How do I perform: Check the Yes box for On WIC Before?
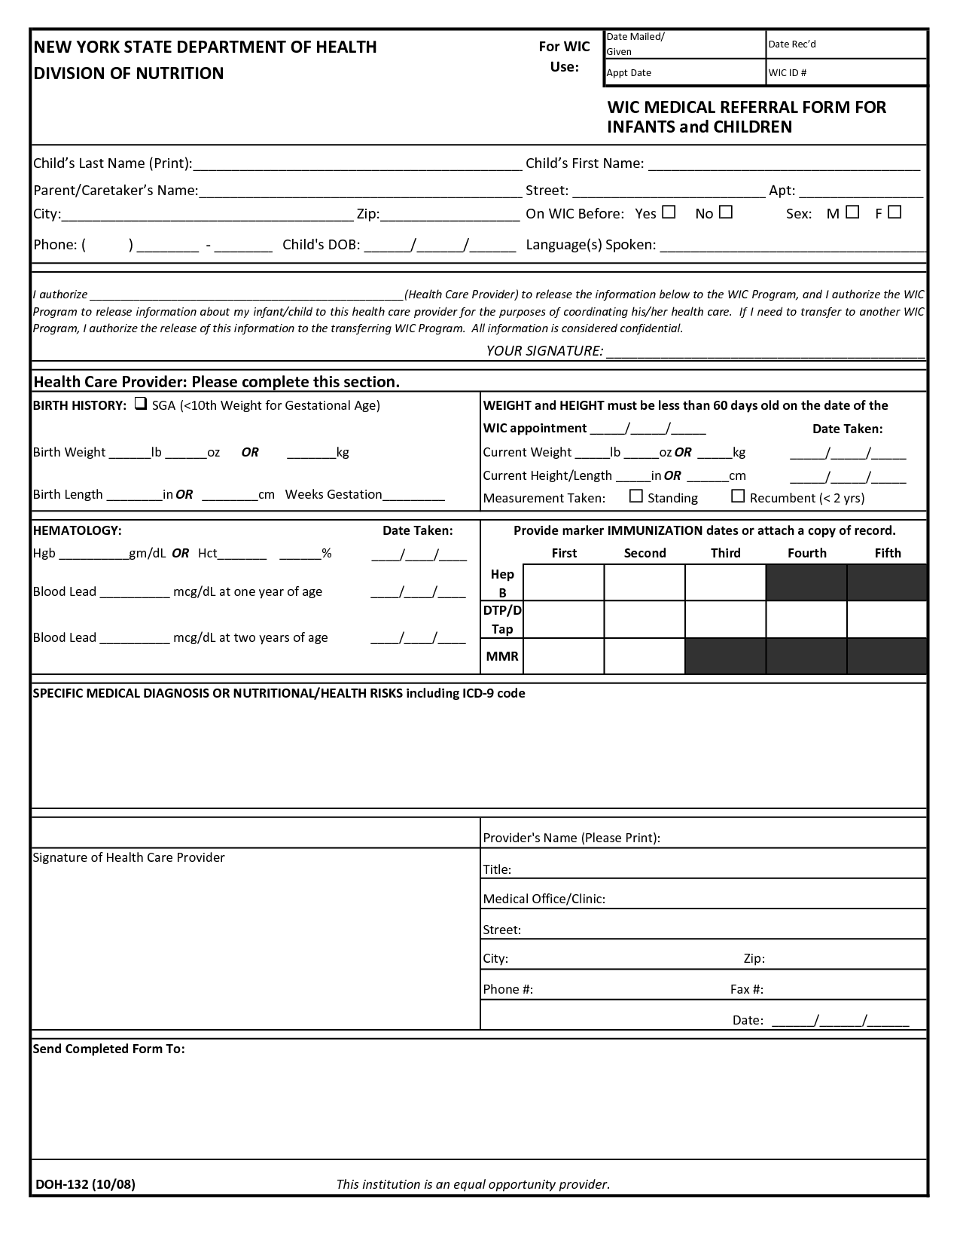click(x=669, y=212)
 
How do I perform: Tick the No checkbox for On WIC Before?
click(x=725, y=212)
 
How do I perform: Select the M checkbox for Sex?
click(x=852, y=212)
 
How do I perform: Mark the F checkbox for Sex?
click(x=894, y=212)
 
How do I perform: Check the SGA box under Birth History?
click(x=140, y=405)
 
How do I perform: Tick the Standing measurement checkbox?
click(x=636, y=496)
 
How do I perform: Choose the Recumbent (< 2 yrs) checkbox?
click(x=738, y=496)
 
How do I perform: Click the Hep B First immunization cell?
click(x=563, y=582)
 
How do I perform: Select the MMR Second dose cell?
click(x=645, y=655)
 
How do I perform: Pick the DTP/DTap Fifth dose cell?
click(x=887, y=619)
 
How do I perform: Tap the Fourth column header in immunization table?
click(x=806, y=553)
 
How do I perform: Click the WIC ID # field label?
click(x=788, y=73)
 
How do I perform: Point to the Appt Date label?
click(x=629, y=73)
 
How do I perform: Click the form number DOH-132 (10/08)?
click(x=85, y=1184)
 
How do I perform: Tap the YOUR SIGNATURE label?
click(x=544, y=351)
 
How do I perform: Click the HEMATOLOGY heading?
click(x=77, y=530)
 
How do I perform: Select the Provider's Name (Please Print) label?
click(x=571, y=838)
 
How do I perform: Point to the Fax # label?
click(x=747, y=989)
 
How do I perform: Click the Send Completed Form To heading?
click(x=108, y=1049)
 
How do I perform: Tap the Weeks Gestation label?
click(x=334, y=494)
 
